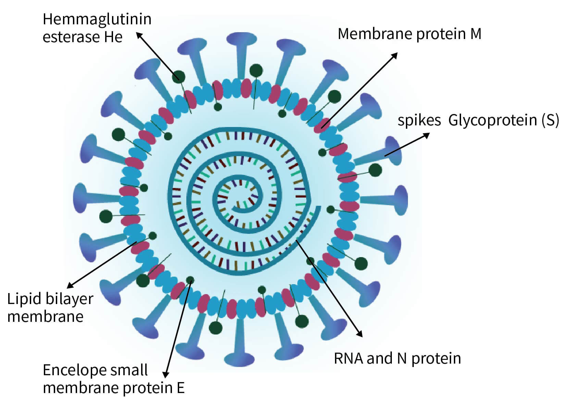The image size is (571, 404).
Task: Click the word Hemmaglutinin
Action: click(x=97, y=20)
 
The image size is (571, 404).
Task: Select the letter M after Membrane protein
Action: click(x=476, y=34)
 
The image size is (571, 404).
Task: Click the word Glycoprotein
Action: click(x=493, y=120)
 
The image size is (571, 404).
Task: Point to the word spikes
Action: click(x=419, y=121)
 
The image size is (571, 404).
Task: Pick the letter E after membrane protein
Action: click(x=181, y=388)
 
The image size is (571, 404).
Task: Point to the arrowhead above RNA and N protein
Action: click(x=360, y=334)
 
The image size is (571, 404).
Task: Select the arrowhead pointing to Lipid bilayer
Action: click(x=70, y=286)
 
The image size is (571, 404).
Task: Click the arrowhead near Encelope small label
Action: click(x=166, y=375)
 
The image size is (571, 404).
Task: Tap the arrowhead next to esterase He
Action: click(x=139, y=35)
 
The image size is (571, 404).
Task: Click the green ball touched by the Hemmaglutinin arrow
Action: click(x=178, y=76)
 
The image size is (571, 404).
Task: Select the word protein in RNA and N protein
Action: click(x=436, y=358)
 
